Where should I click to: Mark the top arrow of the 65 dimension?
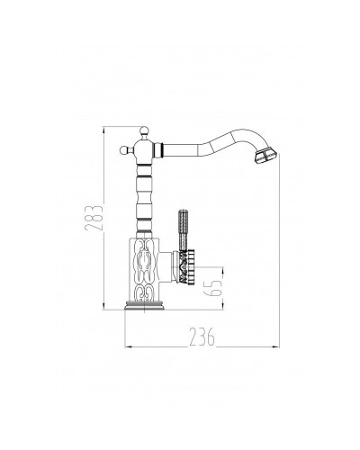pos(221,267)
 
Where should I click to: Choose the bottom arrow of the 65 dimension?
pos(221,311)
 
